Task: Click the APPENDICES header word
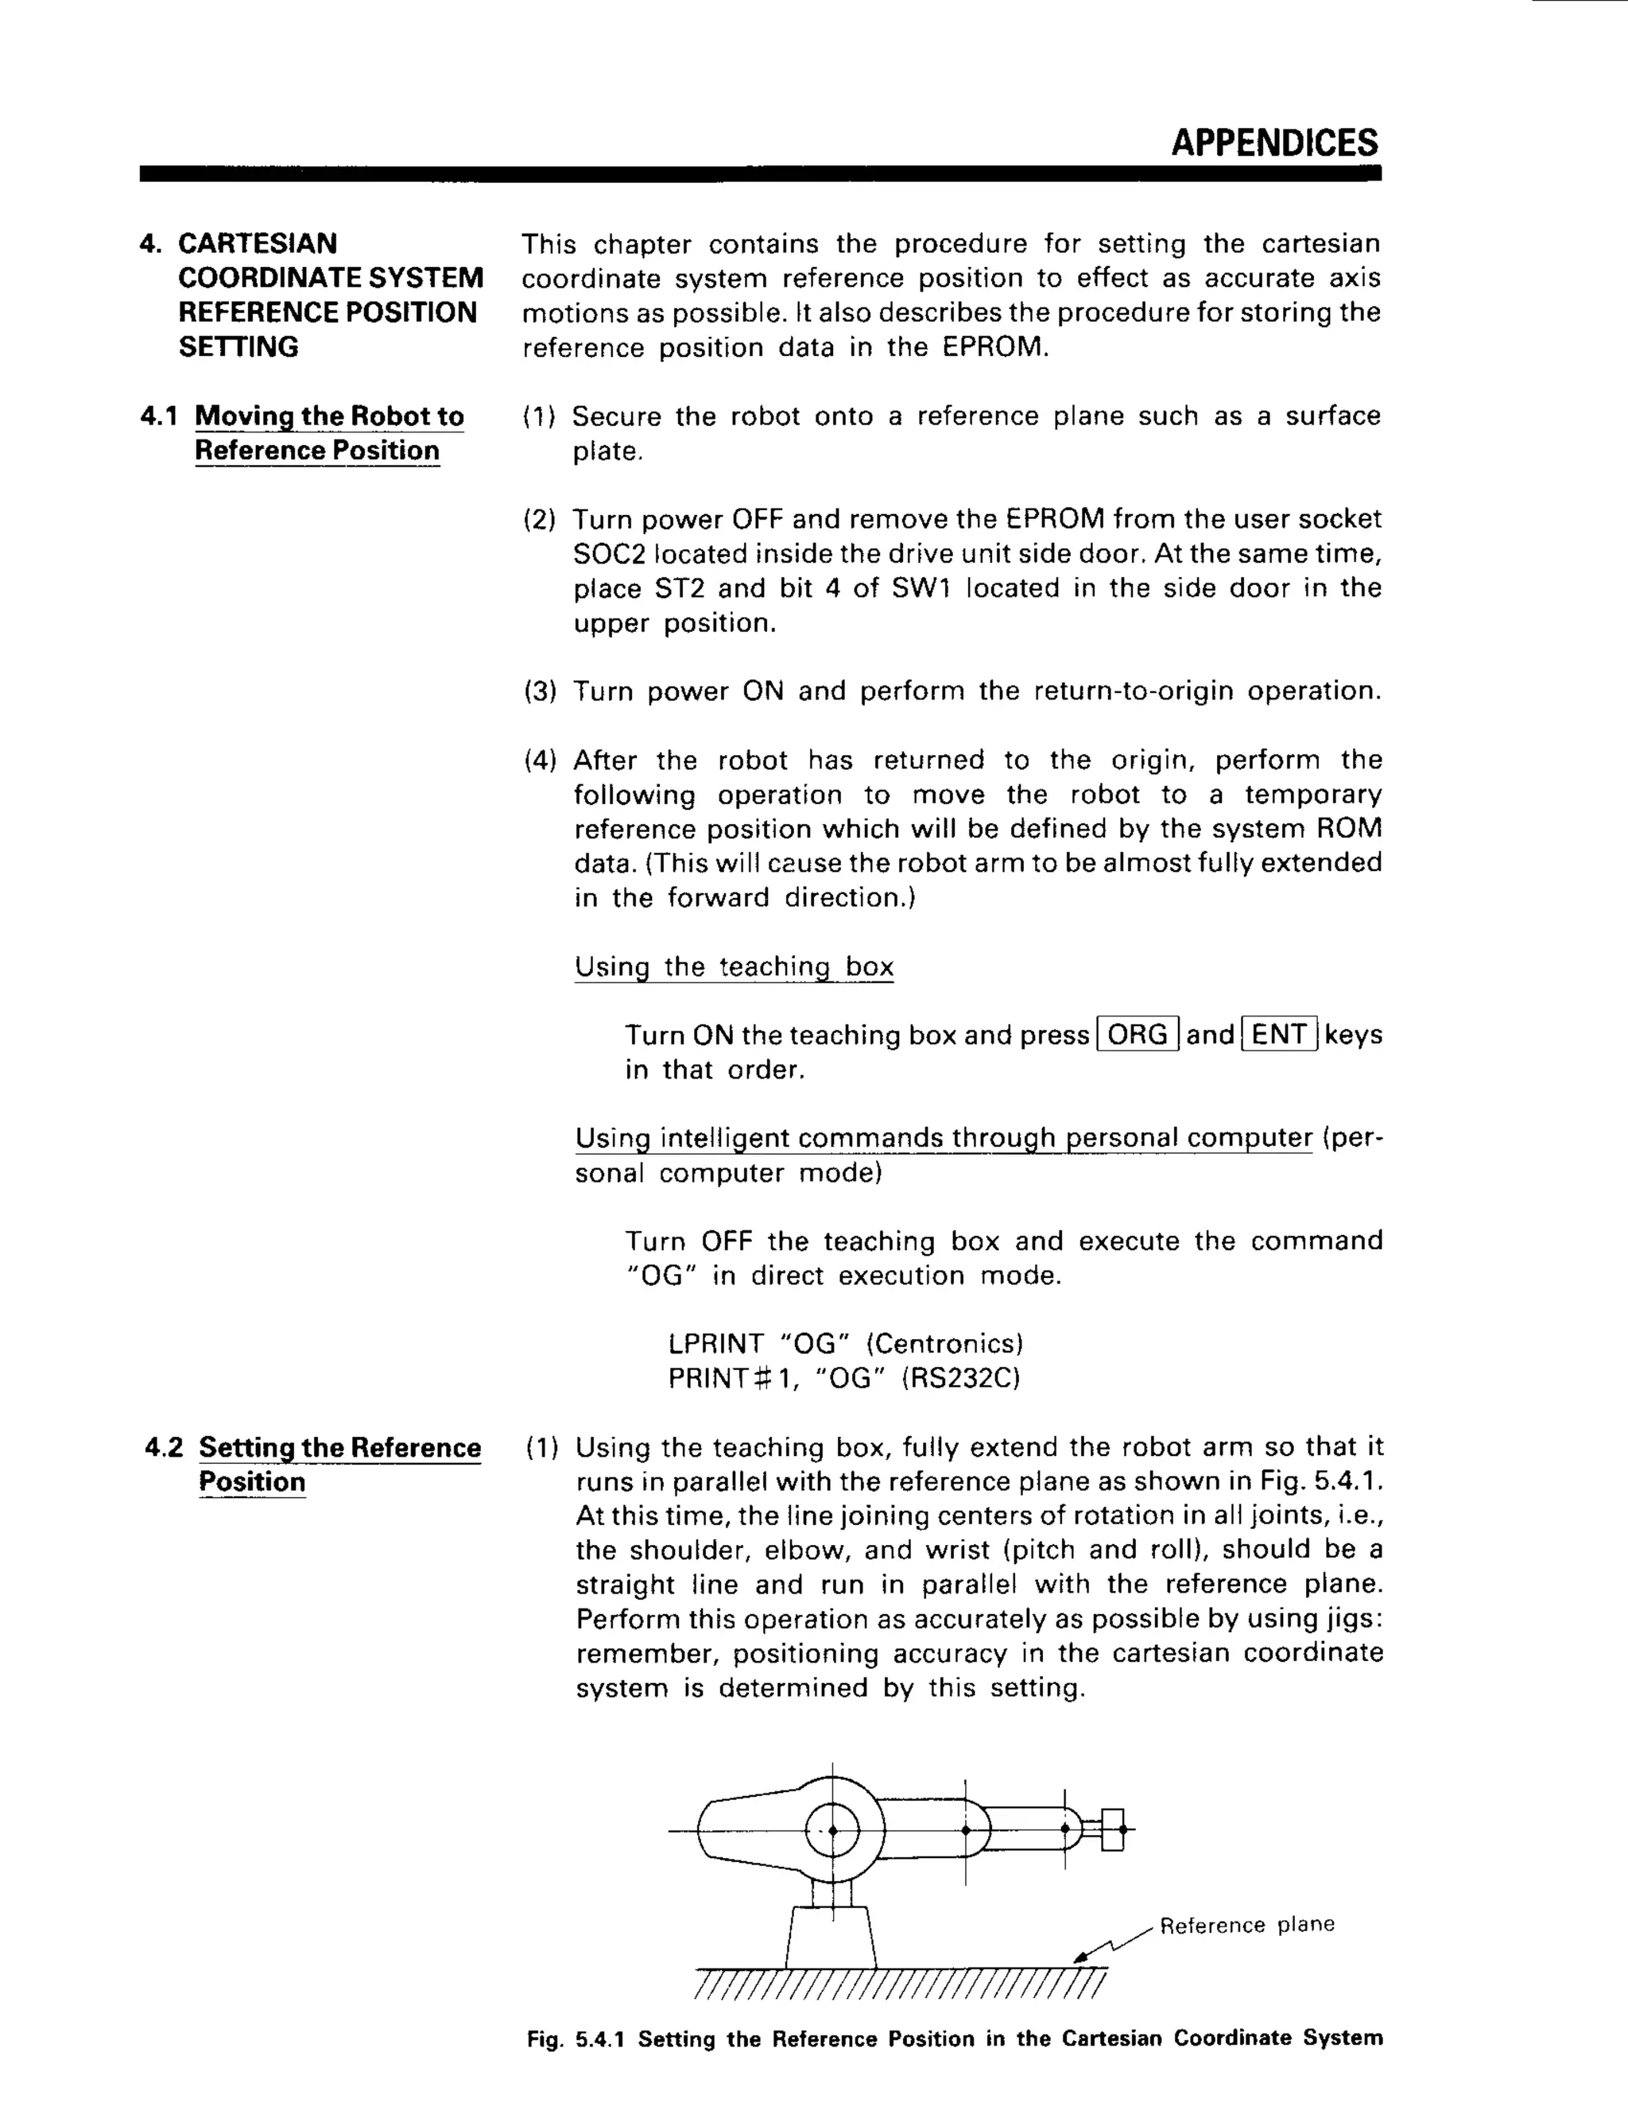[1273, 143]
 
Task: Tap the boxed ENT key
[1280, 1035]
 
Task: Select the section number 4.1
[159, 416]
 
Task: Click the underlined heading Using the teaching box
[734, 966]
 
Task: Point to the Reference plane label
[1246, 1925]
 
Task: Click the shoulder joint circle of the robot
[831, 1829]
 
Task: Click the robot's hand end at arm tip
[1113, 1829]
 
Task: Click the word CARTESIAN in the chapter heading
[258, 243]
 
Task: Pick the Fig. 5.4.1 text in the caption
[576, 2038]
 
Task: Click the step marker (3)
[540, 691]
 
